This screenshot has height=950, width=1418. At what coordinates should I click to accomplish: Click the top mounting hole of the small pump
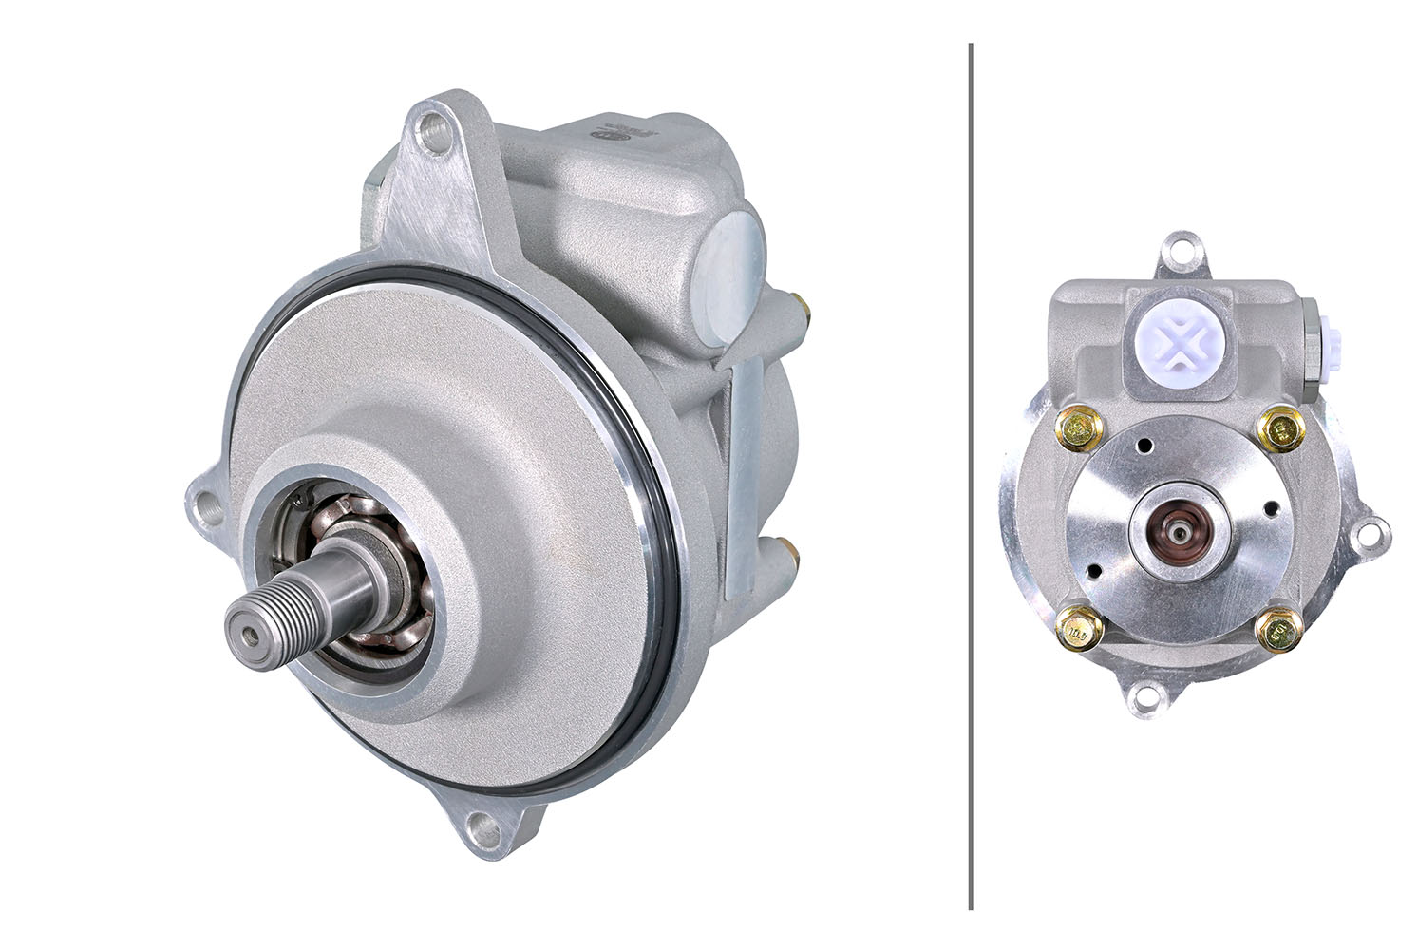coord(1180,249)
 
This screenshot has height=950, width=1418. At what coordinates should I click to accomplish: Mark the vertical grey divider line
coord(971,475)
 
